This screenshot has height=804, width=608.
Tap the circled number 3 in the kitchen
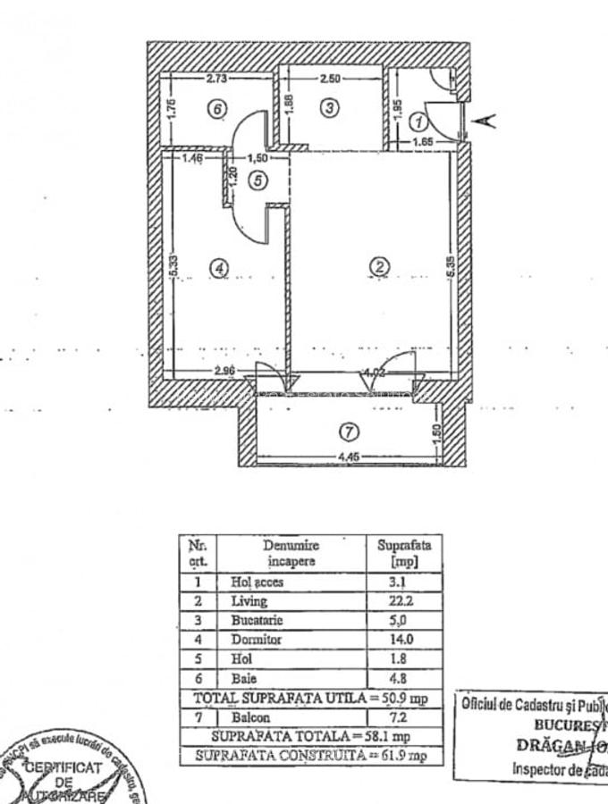click(329, 107)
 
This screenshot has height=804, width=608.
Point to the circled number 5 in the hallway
click(258, 180)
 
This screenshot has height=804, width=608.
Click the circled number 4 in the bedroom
click(217, 266)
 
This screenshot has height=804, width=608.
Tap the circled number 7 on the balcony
click(350, 431)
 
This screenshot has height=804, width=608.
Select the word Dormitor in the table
click(257, 640)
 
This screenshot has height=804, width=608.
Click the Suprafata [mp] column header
click(403, 553)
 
